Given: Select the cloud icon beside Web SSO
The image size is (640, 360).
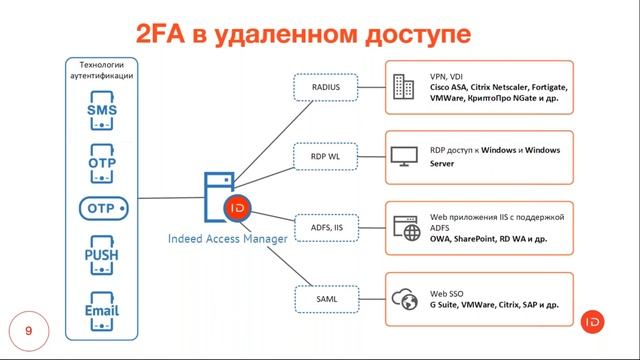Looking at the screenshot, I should [x=405, y=298].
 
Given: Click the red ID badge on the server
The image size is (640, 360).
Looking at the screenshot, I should [x=238, y=209].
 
